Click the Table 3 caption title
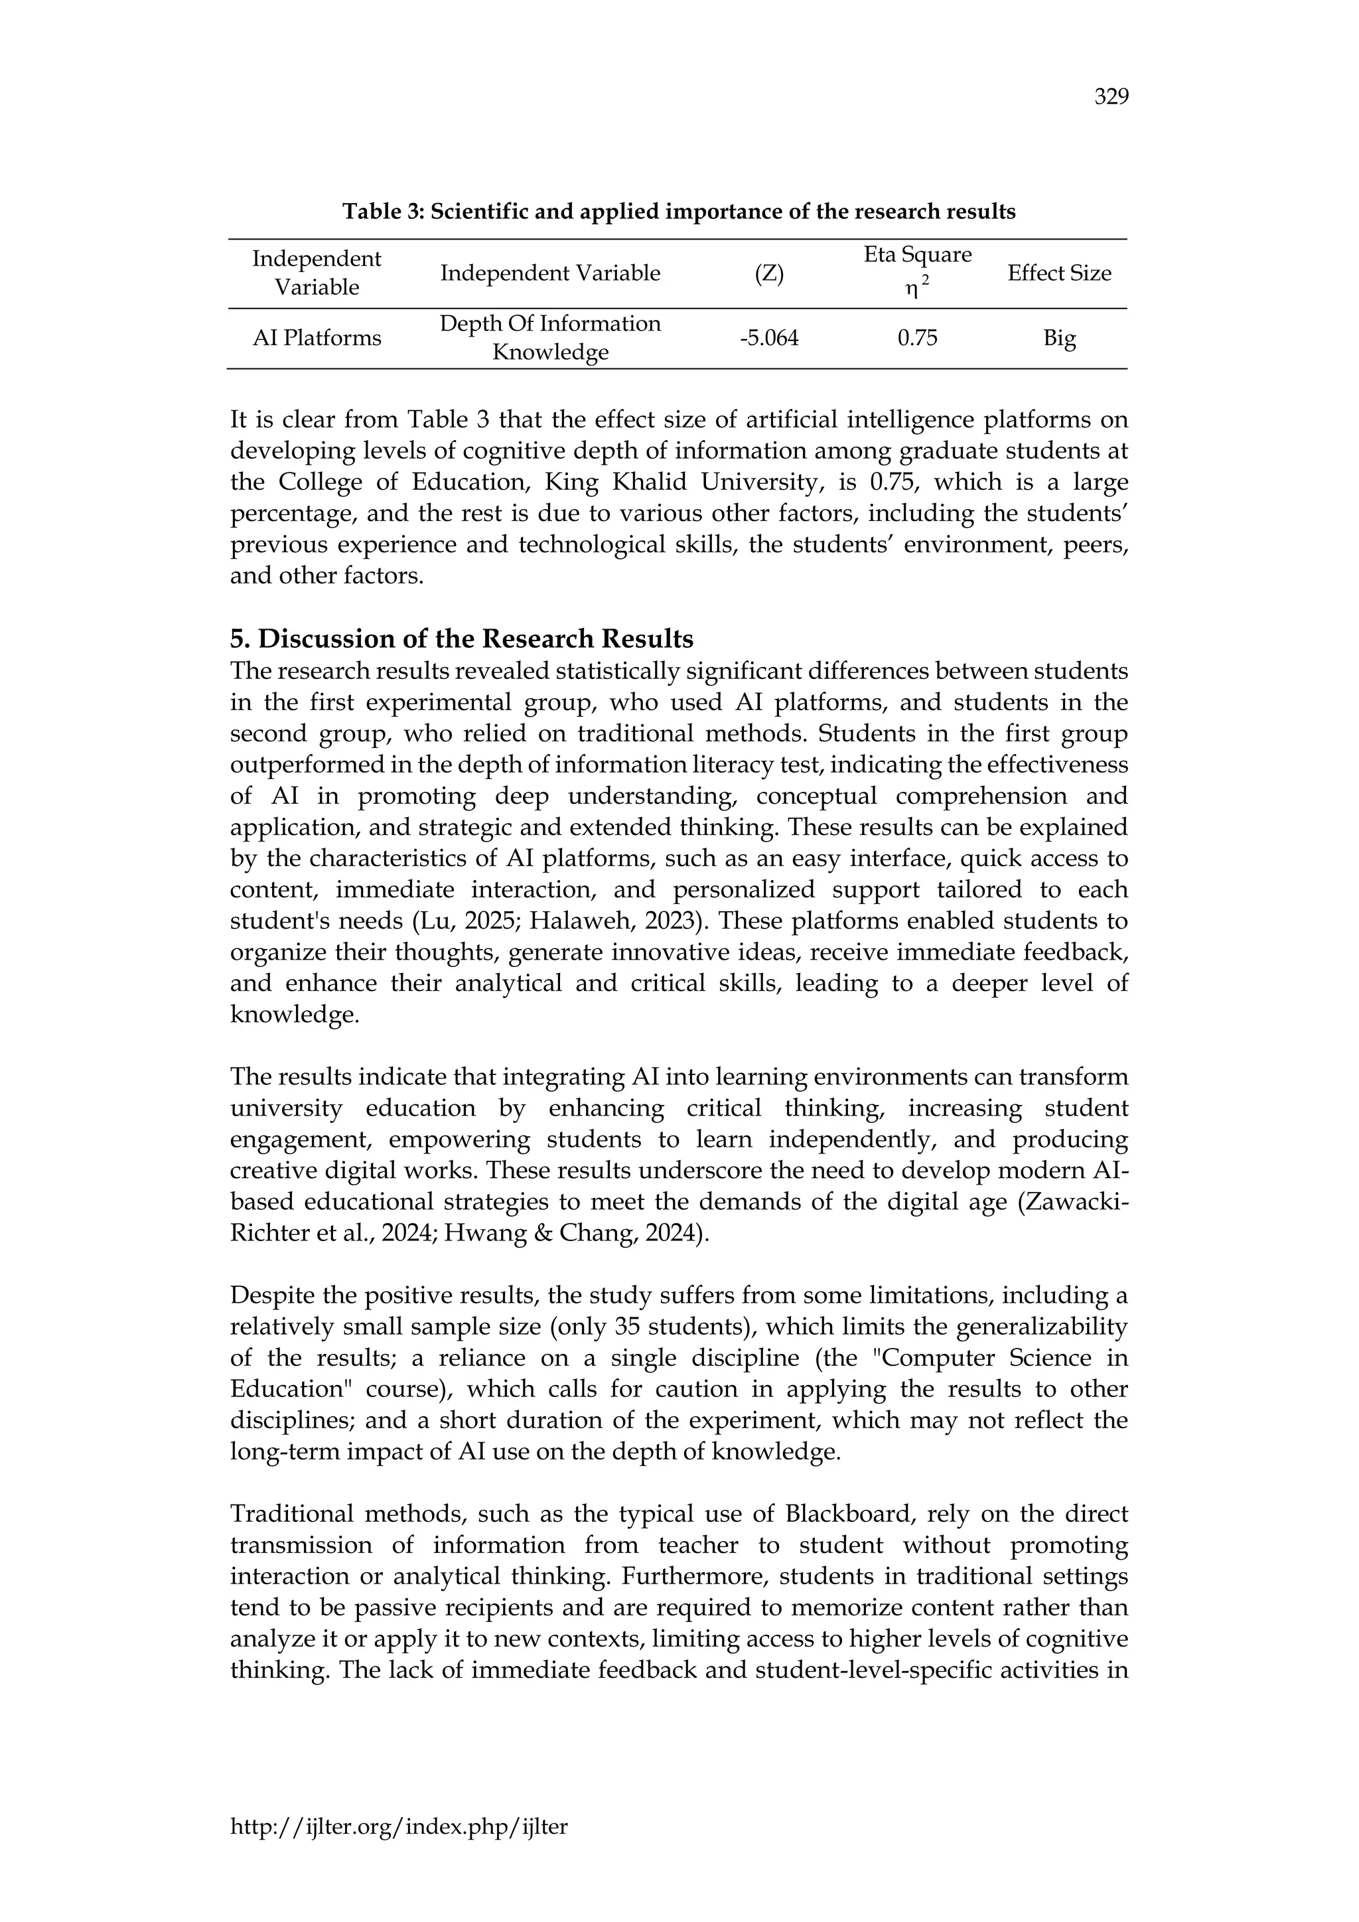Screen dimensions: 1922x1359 click(x=678, y=212)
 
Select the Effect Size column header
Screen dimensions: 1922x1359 click(x=1058, y=273)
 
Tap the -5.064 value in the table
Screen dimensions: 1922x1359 click(x=768, y=338)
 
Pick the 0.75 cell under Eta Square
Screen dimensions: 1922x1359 click(x=917, y=338)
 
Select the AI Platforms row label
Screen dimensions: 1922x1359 click(x=317, y=338)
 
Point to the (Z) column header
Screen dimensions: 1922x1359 click(x=768, y=273)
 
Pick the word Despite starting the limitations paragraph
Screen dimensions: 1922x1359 click(x=275, y=1296)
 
